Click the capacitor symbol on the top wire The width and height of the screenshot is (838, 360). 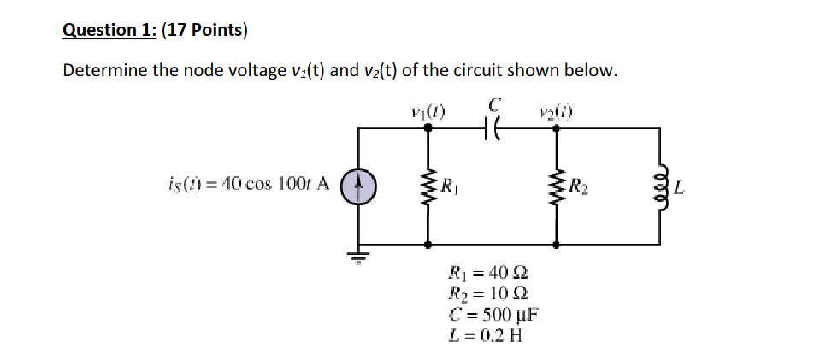coord(492,127)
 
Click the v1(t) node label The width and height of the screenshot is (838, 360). coord(428,110)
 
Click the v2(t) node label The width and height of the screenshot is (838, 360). coord(557,110)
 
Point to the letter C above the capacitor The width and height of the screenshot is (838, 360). coord(493,104)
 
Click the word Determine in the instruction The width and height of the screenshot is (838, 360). coord(105,70)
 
